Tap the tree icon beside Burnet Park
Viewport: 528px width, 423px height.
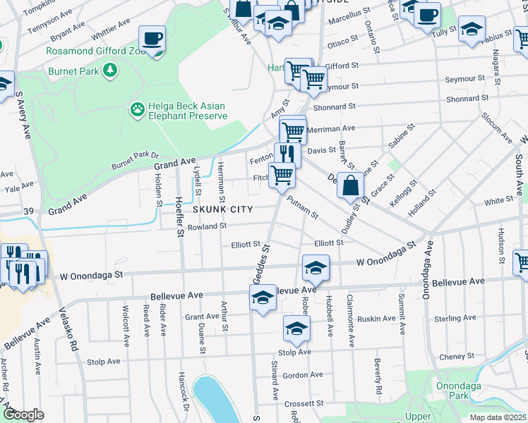pos(109,70)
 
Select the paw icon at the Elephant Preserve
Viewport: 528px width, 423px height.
pos(137,109)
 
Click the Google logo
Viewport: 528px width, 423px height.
pos(23,415)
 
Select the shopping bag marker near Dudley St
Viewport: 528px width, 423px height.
pos(350,186)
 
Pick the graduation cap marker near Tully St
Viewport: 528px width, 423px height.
pos(471,30)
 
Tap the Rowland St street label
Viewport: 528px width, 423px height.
pos(206,226)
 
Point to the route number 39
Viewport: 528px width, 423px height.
pos(29,211)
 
